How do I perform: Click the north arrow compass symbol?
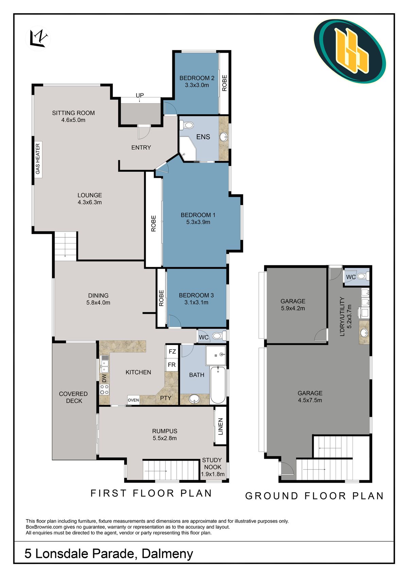coord(38,38)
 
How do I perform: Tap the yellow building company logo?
coord(350,51)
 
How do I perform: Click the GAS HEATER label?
coord(38,159)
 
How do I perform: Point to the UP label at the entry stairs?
coord(140,95)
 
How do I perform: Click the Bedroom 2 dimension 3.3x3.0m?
coord(197,85)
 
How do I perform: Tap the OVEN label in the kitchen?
coord(133,400)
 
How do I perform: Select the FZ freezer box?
coord(172,352)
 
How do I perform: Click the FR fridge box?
coord(172,365)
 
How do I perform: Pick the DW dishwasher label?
coord(104,378)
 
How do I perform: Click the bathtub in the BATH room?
coord(218,385)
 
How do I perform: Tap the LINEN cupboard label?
coord(220,426)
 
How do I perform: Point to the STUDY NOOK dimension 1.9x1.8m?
coord(213,474)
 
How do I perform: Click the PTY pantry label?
coord(166,398)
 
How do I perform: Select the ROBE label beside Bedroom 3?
coord(161,298)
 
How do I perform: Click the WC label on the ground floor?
coord(351,277)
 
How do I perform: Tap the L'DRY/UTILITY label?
coord(342,317)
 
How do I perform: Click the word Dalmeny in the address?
coord(167,554)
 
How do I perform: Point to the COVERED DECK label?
coord(73,397)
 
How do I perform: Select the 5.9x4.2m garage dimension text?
coord(293,308)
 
